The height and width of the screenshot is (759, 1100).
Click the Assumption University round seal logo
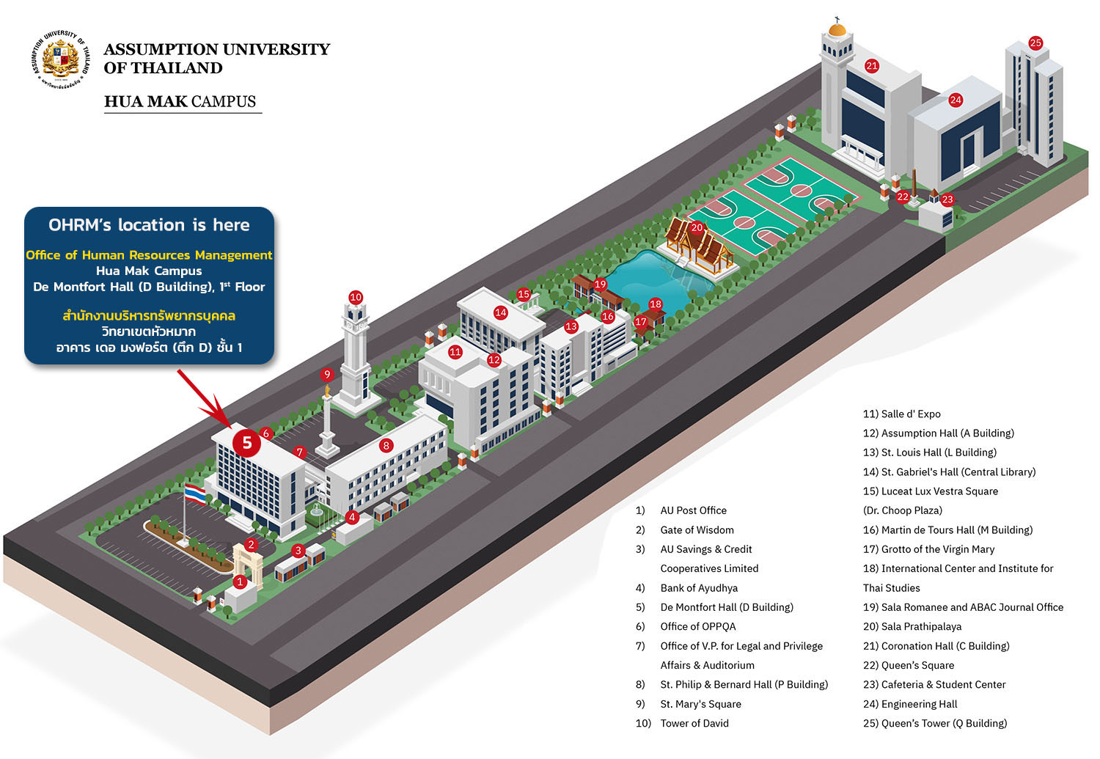pyautogui.click(x=60, y=59)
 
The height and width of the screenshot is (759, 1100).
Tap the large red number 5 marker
pyautogui.click(x=247, y=443)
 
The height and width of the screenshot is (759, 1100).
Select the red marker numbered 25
pyautogui.click(x=1035, y=43)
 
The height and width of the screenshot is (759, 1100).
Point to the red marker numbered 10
pyautogui.click(x=356, y=297)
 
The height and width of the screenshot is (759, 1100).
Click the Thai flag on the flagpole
pyautogui.click(x=195, y=494)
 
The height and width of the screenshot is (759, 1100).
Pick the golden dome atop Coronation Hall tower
pyautogui.click(x=837, y=29)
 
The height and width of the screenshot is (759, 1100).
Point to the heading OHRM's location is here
pyautogui.click(x=150, y=225)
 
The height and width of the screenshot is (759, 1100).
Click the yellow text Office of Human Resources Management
pyautogui.click(x=149, y=254)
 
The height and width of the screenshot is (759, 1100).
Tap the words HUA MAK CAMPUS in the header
pyautogui.click(x=180, y=101)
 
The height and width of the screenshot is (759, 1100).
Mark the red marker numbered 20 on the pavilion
pyautogui.click(x=697, y=227)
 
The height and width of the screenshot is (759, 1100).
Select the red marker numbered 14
pyautogui.click(x=500, y=312)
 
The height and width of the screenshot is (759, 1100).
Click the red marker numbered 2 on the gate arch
pyautogui.click(x=251, y=544)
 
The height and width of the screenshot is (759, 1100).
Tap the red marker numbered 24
pyautogui.click(x=955, y=100)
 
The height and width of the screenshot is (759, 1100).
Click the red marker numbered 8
pyautogui.click(x=386, y=445)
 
